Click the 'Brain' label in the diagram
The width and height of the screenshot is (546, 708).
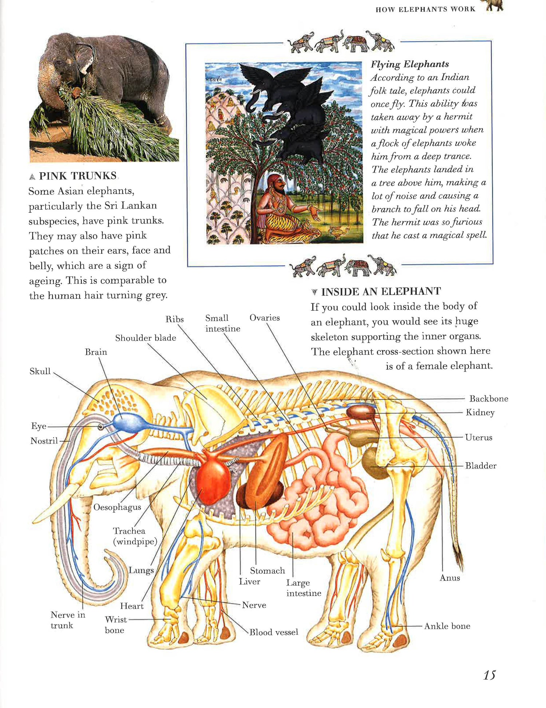coord(96,352)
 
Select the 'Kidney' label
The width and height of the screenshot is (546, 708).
coord(480,412)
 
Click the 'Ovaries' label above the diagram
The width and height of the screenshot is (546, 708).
coord(265,318)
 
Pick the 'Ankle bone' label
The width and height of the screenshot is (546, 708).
coord(447,626)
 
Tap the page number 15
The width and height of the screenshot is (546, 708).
coord(489,675)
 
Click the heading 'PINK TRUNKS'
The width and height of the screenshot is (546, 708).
coord(78,176)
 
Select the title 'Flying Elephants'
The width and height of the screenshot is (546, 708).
coord(409,64)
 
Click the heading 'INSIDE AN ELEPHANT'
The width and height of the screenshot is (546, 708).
coord(381,291)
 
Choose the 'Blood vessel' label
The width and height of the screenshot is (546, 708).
coord(274,632)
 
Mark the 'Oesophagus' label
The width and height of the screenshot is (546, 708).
coord(117,507)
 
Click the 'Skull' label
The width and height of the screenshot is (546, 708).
coord(40,371)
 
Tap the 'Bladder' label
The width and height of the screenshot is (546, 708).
coord(480,465)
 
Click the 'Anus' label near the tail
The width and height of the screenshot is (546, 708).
coord(450,578)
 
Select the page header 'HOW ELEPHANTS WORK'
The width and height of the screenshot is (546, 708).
coord(425,9)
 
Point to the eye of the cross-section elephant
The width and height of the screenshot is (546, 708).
coord(100,426)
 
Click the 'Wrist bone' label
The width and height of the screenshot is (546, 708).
coord(115,625)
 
